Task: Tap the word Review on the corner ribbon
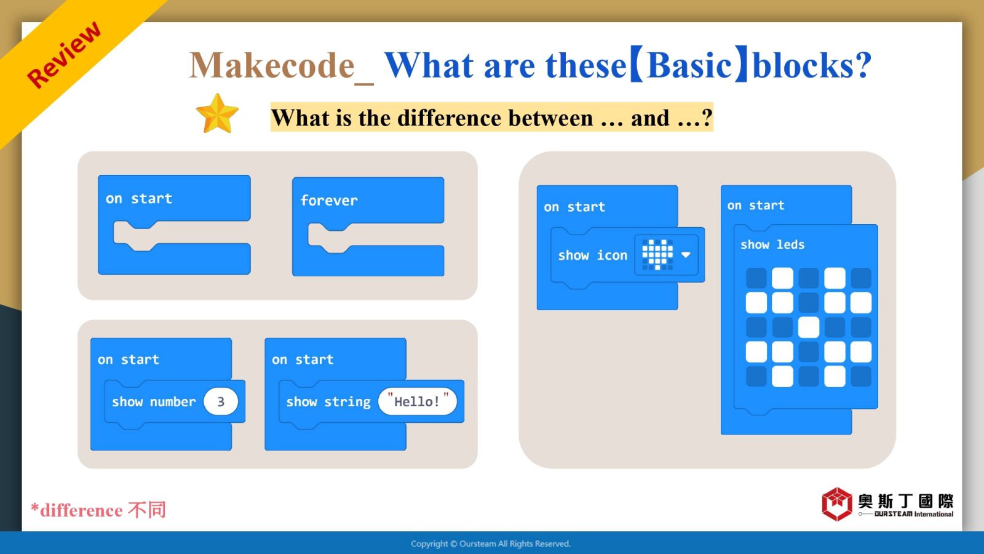point(64,55)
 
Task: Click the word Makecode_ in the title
point(282,66)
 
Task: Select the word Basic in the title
point(688,65)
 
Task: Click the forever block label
point(328,201)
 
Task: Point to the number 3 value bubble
point(221,401)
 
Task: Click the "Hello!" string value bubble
point(418,401)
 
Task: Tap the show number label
point(153,401)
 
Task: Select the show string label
point(328,402)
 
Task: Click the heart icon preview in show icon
point(657,255)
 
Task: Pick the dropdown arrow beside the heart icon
point(685,255)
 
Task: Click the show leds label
point(772,244)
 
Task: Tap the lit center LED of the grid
point(808,327)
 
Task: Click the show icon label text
point(593,255)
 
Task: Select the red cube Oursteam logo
point(837,504)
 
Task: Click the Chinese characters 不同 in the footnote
point(147,510)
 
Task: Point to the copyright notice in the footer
point(491,544)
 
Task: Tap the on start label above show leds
point(756,206)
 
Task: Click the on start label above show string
point(302,359)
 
